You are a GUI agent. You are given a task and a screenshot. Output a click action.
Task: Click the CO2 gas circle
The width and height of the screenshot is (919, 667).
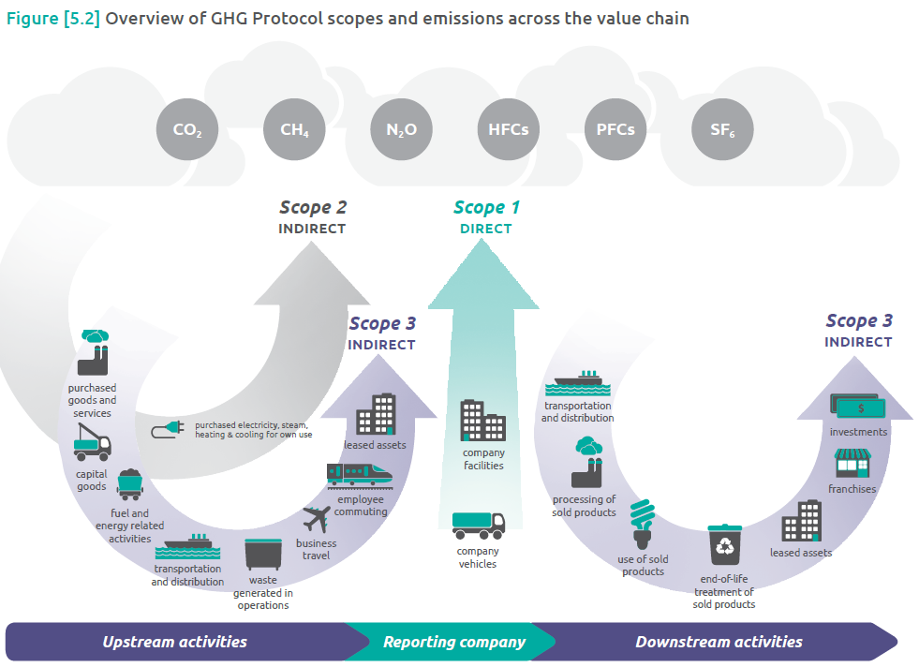[x=187, y=130]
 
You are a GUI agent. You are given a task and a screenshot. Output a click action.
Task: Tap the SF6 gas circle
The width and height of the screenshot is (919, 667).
[x=721, y=130]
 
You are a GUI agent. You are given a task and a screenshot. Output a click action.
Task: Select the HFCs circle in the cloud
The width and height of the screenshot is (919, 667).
[x=508, y=130]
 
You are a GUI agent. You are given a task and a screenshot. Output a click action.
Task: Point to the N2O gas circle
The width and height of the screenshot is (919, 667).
[x=401, y=130]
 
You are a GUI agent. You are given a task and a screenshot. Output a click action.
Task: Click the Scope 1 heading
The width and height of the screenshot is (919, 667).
[x=486, y=208]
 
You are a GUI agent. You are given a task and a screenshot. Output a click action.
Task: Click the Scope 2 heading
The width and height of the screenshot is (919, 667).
[x=312, y=208]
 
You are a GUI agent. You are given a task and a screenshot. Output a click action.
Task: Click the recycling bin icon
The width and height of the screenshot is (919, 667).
[x=724, y=546]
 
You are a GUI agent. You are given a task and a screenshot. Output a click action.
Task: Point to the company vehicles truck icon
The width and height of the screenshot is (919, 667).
[x=479, y=526]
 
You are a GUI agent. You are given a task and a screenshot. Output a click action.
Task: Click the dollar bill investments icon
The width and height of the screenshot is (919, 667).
[x=857, y=406]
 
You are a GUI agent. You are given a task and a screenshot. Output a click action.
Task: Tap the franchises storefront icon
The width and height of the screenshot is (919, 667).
[x=852, y=463]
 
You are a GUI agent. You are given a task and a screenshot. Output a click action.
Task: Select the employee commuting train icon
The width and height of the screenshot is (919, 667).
[x=360, y=475]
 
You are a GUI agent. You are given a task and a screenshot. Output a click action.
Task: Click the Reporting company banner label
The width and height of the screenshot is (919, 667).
[x=454, y=642]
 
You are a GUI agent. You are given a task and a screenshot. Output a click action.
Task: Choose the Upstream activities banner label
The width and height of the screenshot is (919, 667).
[x=175, y=642]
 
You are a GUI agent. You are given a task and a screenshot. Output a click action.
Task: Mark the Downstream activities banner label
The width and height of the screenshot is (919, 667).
[x=719, y=642]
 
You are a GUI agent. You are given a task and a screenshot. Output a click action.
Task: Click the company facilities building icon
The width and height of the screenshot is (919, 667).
[x=482, y=422]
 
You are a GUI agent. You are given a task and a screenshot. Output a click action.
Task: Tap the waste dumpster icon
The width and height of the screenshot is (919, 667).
[x=262, y=554]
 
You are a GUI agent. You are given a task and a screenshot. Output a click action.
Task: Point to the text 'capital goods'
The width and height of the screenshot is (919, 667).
[x=91, y=480]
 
